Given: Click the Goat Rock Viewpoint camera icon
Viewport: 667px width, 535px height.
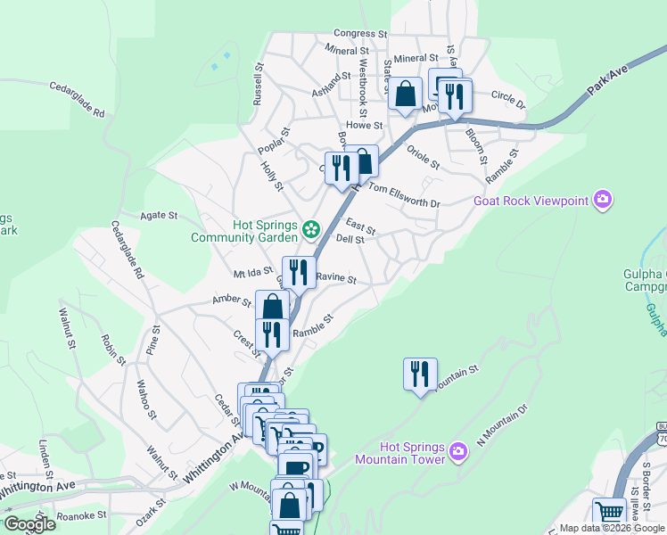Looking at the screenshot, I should pos(604,199).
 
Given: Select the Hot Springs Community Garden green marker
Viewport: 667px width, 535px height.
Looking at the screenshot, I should pos(310,231).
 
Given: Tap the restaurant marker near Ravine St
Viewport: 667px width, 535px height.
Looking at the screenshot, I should pos(298,272).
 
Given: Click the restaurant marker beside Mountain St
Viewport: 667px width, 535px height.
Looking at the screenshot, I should pos(418,374).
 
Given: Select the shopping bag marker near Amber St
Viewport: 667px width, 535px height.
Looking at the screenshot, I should pos(272,307).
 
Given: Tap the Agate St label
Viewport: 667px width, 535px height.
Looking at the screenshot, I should pos(160,216).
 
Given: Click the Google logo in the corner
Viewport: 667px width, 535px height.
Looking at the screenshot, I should pos(29,524).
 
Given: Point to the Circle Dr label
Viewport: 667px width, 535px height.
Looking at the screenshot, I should pos(508,99).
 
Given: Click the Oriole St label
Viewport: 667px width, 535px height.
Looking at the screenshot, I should pos(423,157).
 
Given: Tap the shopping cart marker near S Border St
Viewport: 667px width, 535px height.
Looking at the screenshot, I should pos(609,513).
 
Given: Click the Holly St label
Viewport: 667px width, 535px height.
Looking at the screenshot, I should pos(271,176).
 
